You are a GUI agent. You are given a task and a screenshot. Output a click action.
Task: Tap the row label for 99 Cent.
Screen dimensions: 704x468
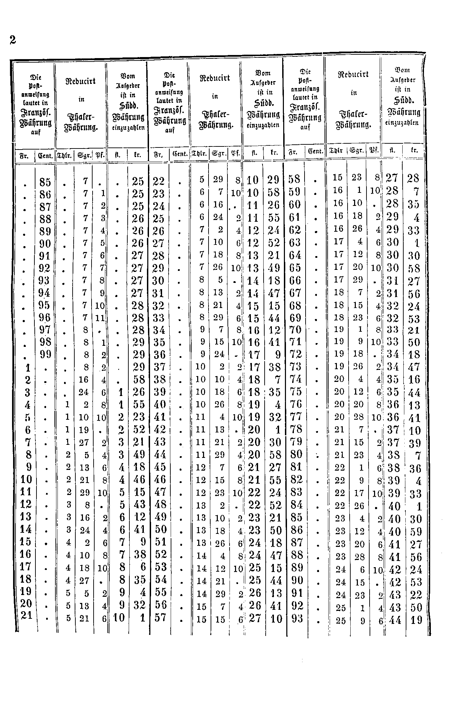45,354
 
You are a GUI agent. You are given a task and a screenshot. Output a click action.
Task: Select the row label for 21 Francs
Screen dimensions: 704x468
26,615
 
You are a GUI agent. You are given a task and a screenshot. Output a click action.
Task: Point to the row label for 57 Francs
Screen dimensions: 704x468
160,618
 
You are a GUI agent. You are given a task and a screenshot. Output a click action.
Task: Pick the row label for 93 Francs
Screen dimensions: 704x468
297,618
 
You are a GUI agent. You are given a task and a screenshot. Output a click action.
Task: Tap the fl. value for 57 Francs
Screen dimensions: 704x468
255,618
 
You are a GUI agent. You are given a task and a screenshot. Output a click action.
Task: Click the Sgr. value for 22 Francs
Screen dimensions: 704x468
218,179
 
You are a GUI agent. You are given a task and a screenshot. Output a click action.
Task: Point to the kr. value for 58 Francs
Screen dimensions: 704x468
413,178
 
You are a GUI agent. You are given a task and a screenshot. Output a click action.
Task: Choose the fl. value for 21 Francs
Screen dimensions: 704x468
119,618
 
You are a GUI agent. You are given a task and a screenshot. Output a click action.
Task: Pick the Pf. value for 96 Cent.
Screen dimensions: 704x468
99,318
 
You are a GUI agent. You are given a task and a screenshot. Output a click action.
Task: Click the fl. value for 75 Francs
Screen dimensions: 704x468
393,392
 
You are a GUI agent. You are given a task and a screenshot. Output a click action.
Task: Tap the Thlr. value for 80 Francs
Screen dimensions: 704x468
340,455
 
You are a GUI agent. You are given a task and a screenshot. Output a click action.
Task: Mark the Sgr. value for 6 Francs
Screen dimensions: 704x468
84,430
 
